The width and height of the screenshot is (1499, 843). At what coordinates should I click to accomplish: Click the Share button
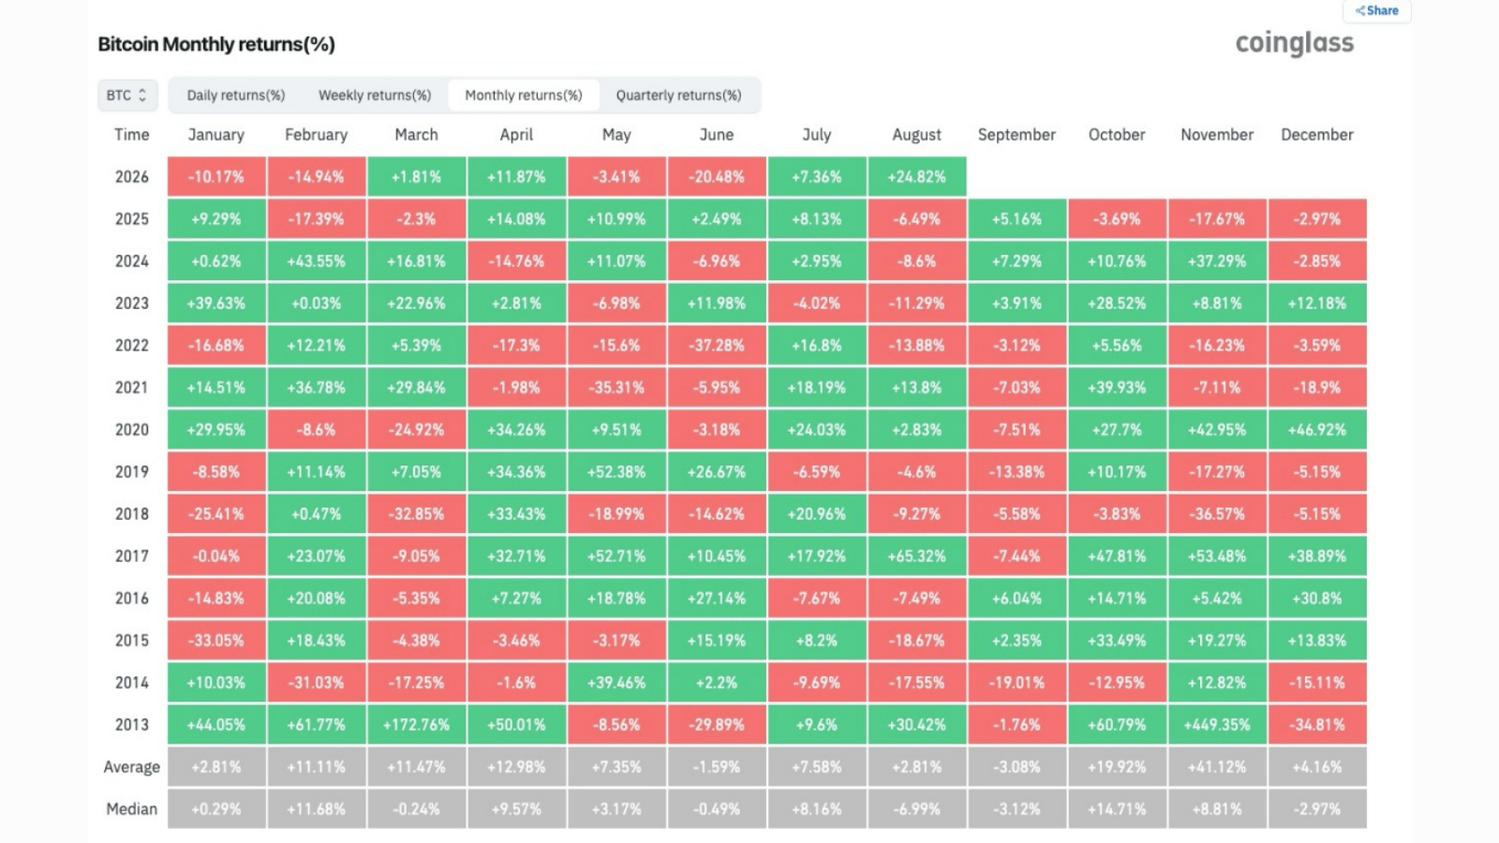[x=1376, y=10]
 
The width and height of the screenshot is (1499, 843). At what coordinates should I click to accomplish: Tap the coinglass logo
[x=1294, y=43]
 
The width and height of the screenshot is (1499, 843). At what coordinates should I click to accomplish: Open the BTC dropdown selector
[x=127, y=95]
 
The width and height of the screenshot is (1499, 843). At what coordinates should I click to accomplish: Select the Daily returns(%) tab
[x=235, y=95]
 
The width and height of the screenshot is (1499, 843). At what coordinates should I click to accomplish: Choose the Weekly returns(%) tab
[x=374, y=95]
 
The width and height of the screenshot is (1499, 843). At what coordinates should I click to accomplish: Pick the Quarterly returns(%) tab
[x=678, y=95]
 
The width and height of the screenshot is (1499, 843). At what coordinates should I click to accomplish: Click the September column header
[x=1017, y=135]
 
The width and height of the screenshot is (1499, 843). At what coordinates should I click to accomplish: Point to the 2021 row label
[x=132, y=388]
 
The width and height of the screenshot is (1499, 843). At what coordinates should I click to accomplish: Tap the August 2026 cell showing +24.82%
[x=917, y=177]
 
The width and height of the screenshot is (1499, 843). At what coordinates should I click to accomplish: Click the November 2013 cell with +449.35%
[x=1217, y=725]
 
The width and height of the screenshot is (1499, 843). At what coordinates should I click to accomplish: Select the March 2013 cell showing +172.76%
[x=416, y=725]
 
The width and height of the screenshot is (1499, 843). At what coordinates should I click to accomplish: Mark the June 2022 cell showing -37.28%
[x=717, y=346]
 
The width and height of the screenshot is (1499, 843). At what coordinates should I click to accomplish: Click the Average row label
[x=132, y=767]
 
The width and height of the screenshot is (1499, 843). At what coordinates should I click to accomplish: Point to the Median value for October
[x=1117, y=809]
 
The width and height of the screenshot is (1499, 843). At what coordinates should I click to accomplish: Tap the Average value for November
[x=1217, y=767]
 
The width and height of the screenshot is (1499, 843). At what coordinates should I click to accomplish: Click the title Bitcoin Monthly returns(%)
[x=216, y=44]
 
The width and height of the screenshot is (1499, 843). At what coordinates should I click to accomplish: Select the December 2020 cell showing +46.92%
[x=1317, y=430]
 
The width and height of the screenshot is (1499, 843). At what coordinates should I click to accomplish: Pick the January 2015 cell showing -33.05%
[x=216, y=641]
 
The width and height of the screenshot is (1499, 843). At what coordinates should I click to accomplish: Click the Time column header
[x=132, y=135]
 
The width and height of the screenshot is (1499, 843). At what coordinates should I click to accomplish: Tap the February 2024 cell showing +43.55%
[x=317, y=261]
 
